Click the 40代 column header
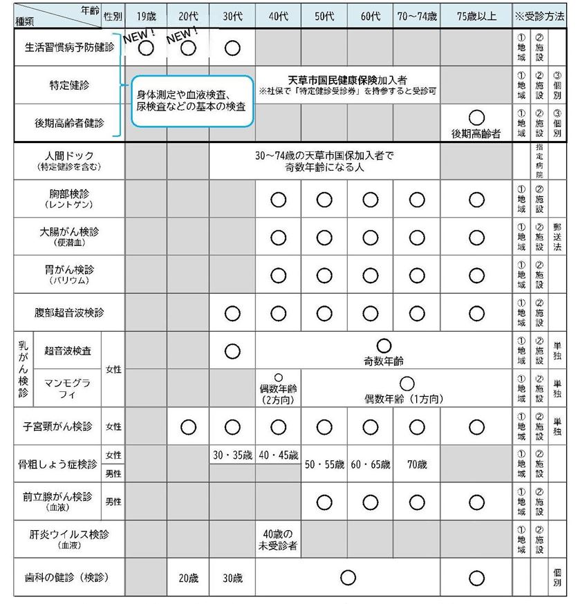click(278, 15)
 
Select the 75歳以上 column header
click(476, 15)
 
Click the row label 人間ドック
click(69, 161)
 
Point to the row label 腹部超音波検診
click(69, 312)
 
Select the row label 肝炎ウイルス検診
click(69, 538)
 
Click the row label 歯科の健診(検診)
click(69, 577)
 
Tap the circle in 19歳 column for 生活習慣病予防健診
click(145, 48)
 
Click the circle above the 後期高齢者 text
click(476, 118)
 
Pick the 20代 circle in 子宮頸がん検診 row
click(188, 426)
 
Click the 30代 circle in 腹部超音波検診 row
click(232, 313)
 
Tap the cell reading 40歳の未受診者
click(278, 539)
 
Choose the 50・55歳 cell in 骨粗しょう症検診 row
click(324, 464)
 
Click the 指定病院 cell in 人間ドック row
click(539, 161)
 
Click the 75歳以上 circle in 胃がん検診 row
click(476, 275)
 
